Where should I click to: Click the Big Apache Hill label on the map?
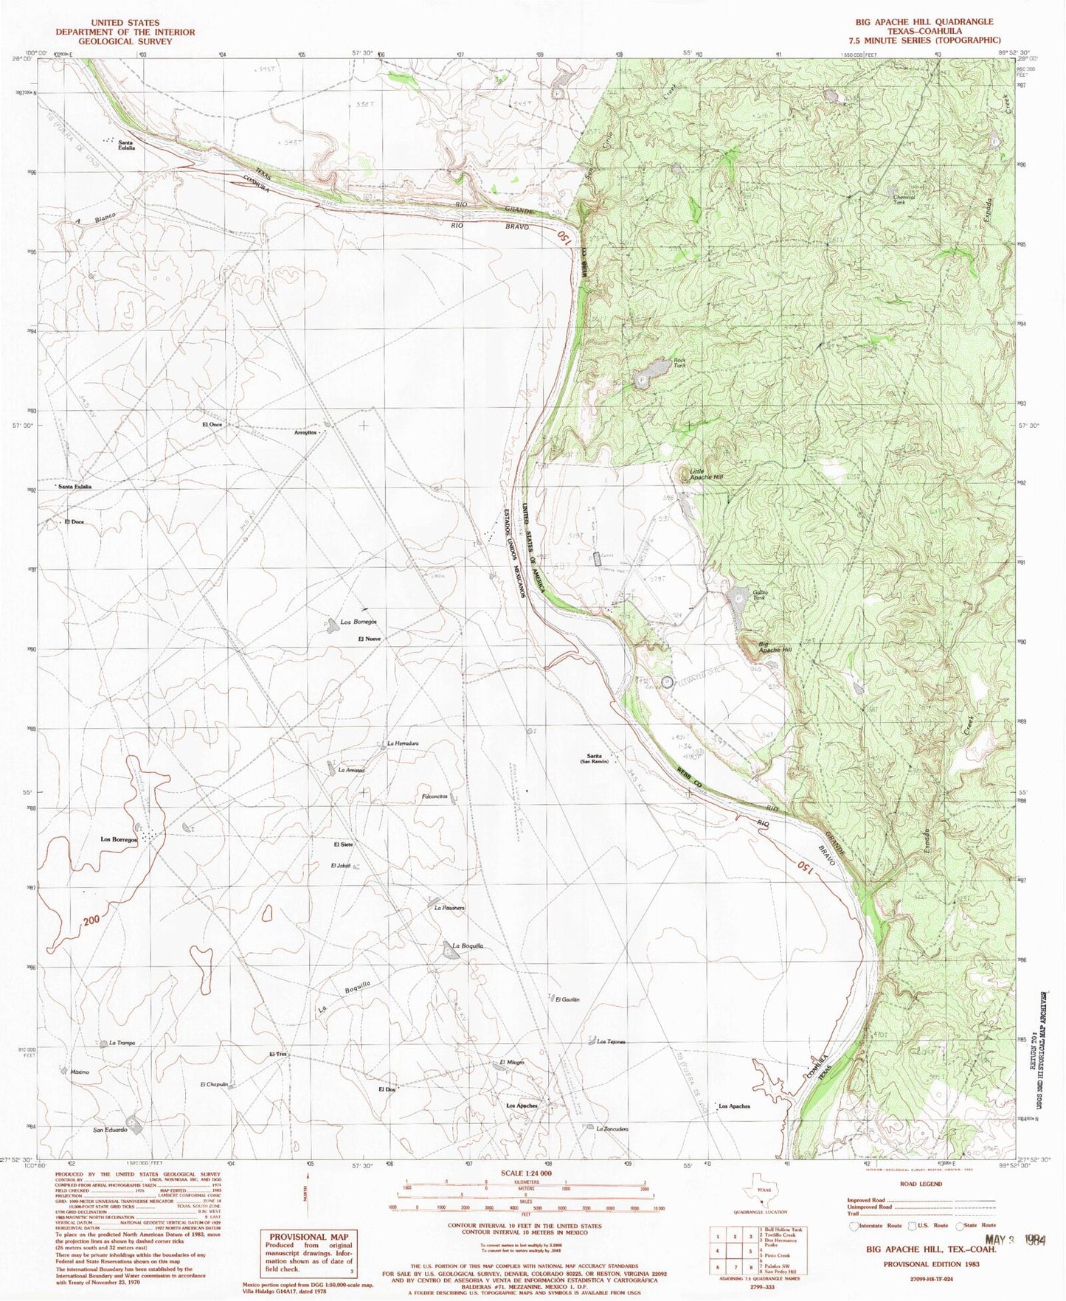pos(775,647)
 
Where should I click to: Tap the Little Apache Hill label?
pos(706,474)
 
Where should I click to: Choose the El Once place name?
pos(212,425)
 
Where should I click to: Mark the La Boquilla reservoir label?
pos(468,946)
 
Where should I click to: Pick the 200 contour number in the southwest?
pos(91,920)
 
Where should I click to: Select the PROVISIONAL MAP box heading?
pos(308,1237)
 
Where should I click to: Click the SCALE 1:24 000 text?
pos(525,1173)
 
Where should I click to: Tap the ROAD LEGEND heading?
pos(921,1184)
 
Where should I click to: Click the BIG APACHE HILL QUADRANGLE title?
pos(924,21)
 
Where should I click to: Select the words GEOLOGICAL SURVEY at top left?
pos(125,41)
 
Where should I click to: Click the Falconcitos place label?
pos(435,797)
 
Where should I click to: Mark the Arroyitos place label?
pos(306,433)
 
